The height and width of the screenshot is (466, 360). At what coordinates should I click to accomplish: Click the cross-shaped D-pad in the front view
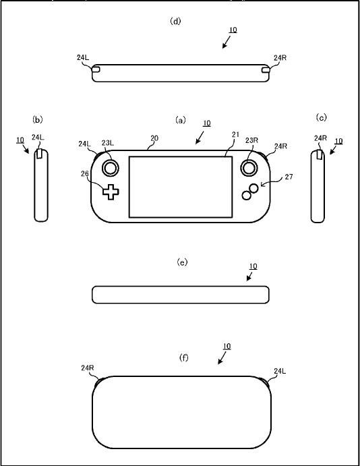(111, 192)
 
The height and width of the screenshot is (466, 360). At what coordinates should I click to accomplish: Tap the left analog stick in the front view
(111, 168)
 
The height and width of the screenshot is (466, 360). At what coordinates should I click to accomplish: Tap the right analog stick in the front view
(249, 168)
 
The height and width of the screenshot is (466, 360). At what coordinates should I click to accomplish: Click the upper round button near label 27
(253, 188)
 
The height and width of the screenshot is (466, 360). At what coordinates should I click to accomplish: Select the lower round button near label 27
(246, 196)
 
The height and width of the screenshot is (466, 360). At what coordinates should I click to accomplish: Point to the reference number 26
(85, 173)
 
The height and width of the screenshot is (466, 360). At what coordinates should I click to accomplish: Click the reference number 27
(289, 177)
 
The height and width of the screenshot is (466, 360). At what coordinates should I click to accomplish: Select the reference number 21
(235, 135)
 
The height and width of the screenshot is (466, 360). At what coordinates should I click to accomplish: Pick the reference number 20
(154, 138)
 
